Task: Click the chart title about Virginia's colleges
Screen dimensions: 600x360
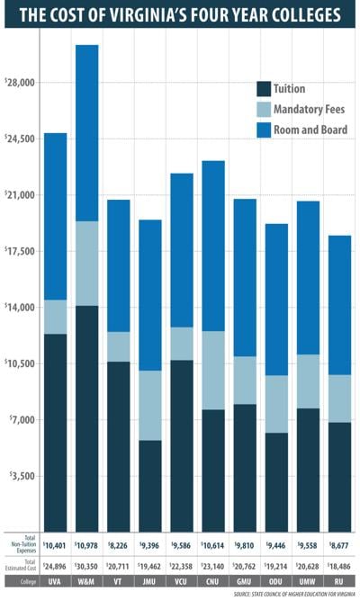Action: pyautogui.click(x=180, y=15)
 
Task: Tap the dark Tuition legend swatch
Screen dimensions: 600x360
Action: pyautogui.click(x=263, y=88)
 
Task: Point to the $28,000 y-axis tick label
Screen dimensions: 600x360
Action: pyautogui.click(x=19, y=83)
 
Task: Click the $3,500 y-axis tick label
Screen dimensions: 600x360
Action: pyautogui.click(x=21, y=476)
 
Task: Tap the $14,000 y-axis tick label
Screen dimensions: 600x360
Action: pyautogui.click(x=19, y=308)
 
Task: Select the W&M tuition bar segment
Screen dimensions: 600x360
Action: pyautogui.click(x=86, y=418)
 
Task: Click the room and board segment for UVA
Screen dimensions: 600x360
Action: pyautogui.click(x=55, y=216)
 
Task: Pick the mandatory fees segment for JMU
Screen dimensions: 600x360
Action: pyautogui.click(x=149, y=405)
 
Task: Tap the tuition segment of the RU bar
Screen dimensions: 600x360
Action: pyautogui.click(x=338, y=477)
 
